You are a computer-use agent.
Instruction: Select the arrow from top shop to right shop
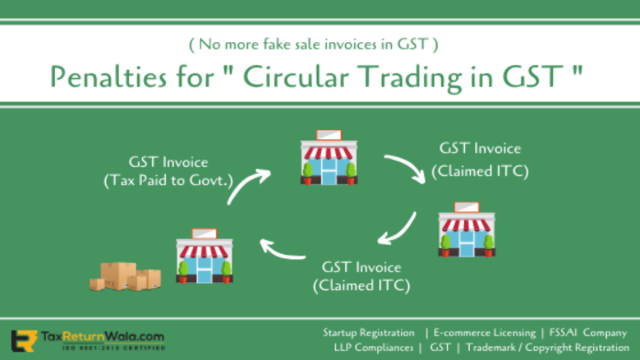(404, 169)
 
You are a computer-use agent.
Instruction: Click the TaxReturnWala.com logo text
(100, 336)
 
